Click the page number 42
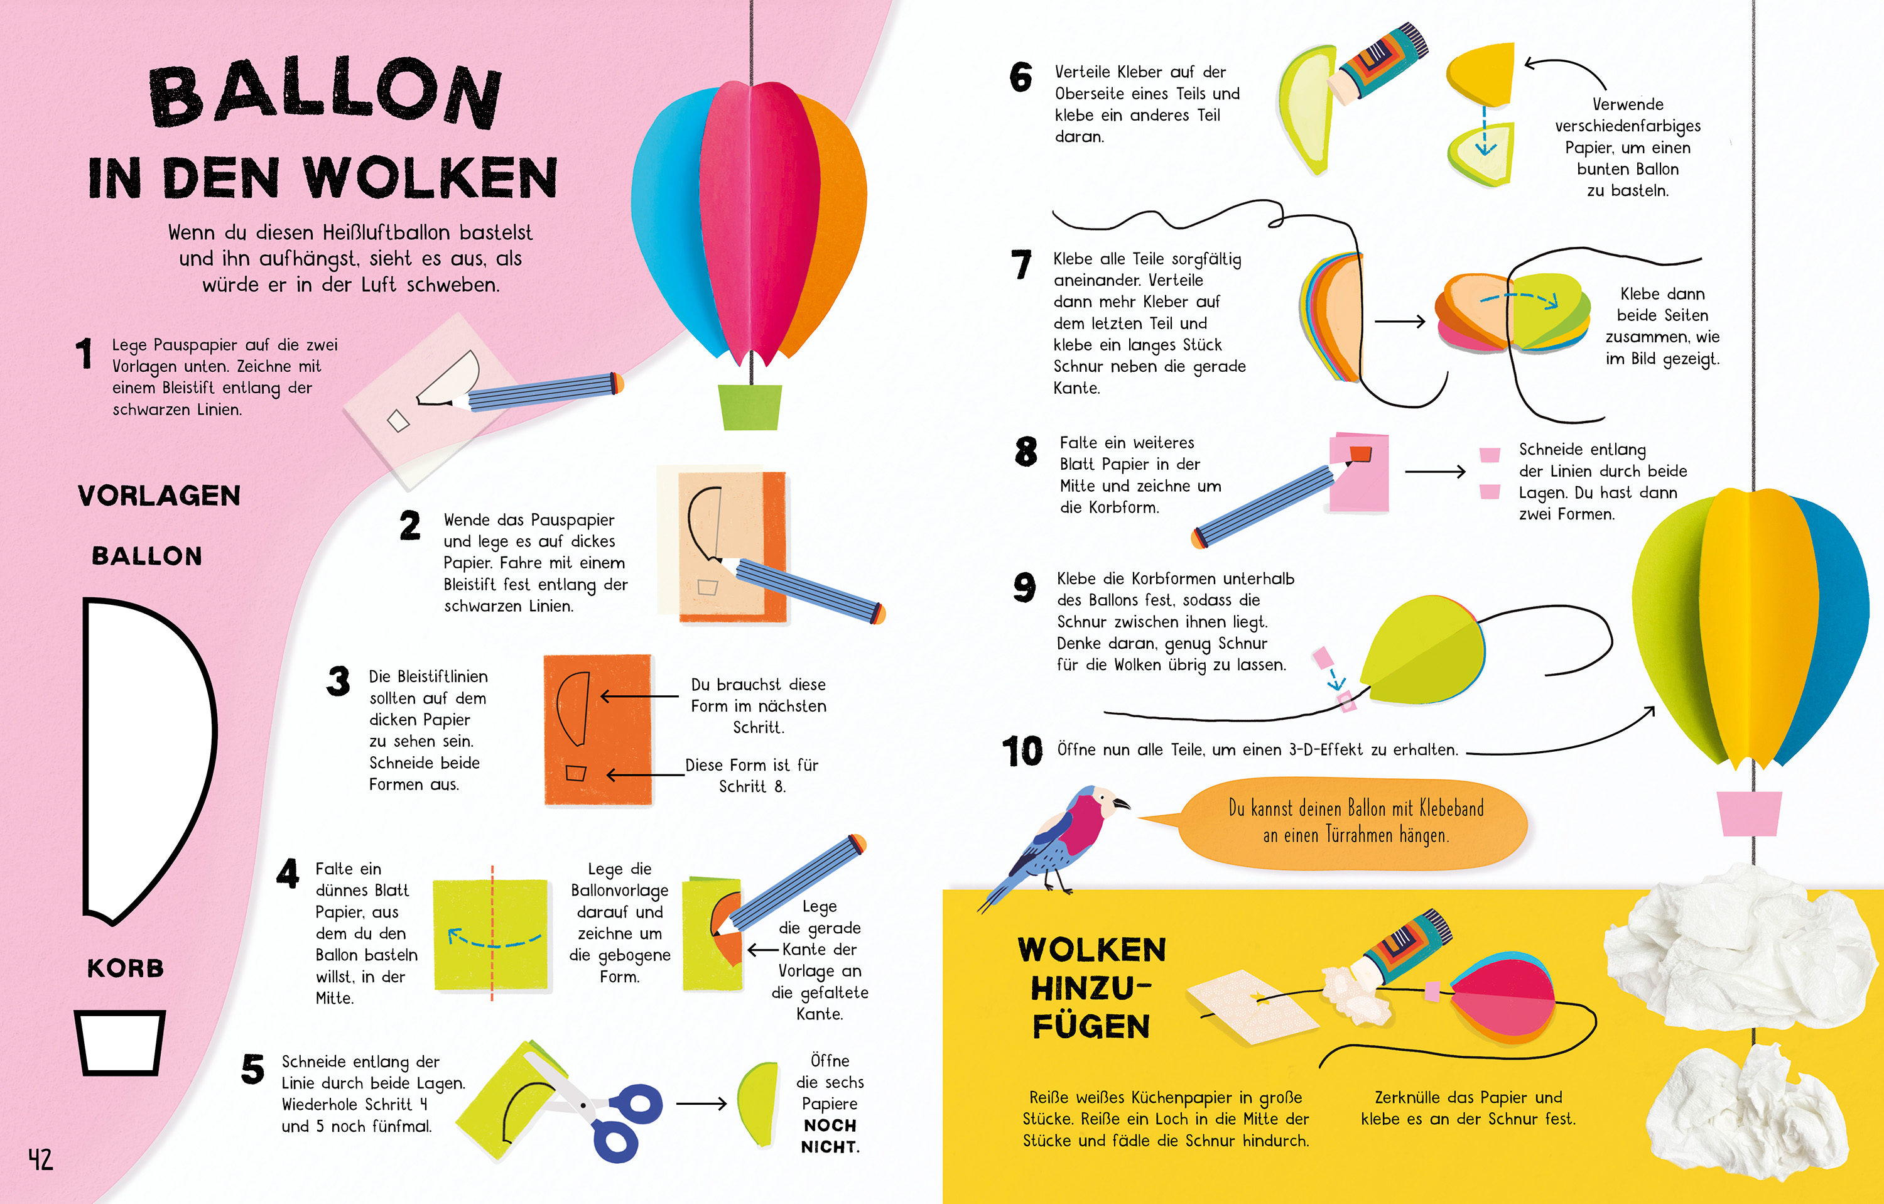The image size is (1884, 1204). tap(41, 1159)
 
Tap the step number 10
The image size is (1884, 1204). tap(1022, 751)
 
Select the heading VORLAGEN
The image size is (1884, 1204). tap(159, 495)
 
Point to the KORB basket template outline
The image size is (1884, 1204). tap(120, 1042)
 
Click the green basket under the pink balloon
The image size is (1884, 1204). tap(750, 407)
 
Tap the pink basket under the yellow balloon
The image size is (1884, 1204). tap(1748, 813)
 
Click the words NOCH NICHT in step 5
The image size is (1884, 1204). tap(830, 1136)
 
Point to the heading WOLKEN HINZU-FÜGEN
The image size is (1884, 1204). tap(1091, 988)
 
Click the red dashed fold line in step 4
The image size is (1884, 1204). tap(492, 933)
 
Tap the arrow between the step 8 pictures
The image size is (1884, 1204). tap(1435, 472)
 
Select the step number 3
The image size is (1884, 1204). tap(338, 681)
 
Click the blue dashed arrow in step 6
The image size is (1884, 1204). tap(1483, 131)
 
